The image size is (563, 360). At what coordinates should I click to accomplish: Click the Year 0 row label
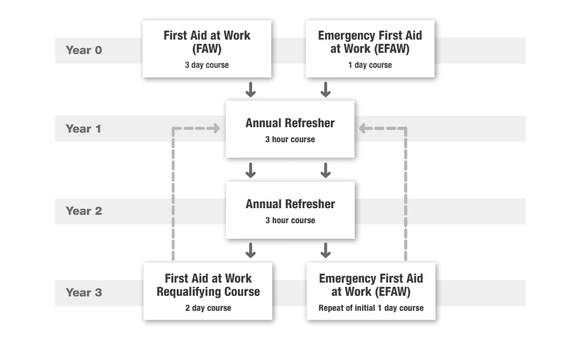pos(84,50)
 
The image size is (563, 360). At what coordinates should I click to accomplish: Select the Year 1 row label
pos(84,129)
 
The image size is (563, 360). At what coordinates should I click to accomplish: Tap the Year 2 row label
pos(84,211)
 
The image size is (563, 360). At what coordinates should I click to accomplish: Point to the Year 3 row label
pos(84,293)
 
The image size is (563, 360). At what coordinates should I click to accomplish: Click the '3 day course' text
pos(207,65)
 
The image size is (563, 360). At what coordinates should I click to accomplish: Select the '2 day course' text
pos(207,308)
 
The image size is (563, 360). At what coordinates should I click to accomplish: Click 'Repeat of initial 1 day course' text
pos(371,308)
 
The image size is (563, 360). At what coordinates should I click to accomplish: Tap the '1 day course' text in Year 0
pos(370,65)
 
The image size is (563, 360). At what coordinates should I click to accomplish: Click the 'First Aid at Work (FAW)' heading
pos(207,43)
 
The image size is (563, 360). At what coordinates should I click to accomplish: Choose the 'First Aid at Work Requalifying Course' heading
pos(207,286)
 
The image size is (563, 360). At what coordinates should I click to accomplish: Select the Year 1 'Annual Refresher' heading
pos(290,124)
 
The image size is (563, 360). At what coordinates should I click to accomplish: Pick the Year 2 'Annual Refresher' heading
pos(290,205)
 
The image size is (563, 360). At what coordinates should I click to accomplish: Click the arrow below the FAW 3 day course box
pos(251,90)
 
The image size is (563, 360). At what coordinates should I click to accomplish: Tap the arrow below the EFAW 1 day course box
pos(326,90)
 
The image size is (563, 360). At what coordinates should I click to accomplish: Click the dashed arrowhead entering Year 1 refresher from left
pos(214,128)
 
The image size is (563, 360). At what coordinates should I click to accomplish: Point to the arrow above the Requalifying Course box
pos(251,251)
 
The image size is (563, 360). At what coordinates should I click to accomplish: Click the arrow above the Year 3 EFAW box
pos(326,251)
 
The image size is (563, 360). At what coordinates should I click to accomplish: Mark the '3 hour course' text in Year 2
pos(290,220)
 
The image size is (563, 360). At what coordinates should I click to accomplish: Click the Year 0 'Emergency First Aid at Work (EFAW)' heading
pos(370,43)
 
